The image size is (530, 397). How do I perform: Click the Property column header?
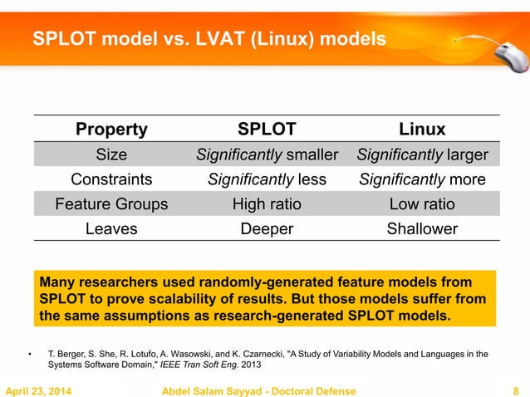[x=111, y=129]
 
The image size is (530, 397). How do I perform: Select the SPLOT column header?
[x=266, y=129]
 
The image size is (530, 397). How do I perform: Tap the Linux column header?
[x=422, y=129]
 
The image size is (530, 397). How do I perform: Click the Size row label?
[x=111, y=154]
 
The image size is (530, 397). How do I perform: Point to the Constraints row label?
[x=111, y=179]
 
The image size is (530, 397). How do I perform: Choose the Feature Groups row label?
[x=111, y=204]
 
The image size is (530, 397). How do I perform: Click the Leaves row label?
[x=111, y=229]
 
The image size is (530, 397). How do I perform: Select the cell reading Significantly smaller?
[x=266, y=154]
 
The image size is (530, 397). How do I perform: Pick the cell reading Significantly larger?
[x=422, y=154]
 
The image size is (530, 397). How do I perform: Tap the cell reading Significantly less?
[x=266, y=179]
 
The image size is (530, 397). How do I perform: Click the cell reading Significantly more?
[x=422, y=179]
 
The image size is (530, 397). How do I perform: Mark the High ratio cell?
[x=266, y=204]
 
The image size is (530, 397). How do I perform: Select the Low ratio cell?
[x=422, y=204]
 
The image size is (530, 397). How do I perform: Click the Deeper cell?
[x=266, y=229]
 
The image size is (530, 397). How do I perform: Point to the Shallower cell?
[x=422, y=229]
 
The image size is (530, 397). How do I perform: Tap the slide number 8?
[x=517, y=391]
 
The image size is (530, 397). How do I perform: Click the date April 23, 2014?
[x=38, y=391]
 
